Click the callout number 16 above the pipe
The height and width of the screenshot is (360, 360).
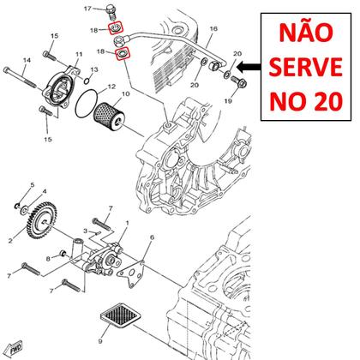coord(213,29)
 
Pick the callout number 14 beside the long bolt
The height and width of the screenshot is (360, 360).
coord(26,60)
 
